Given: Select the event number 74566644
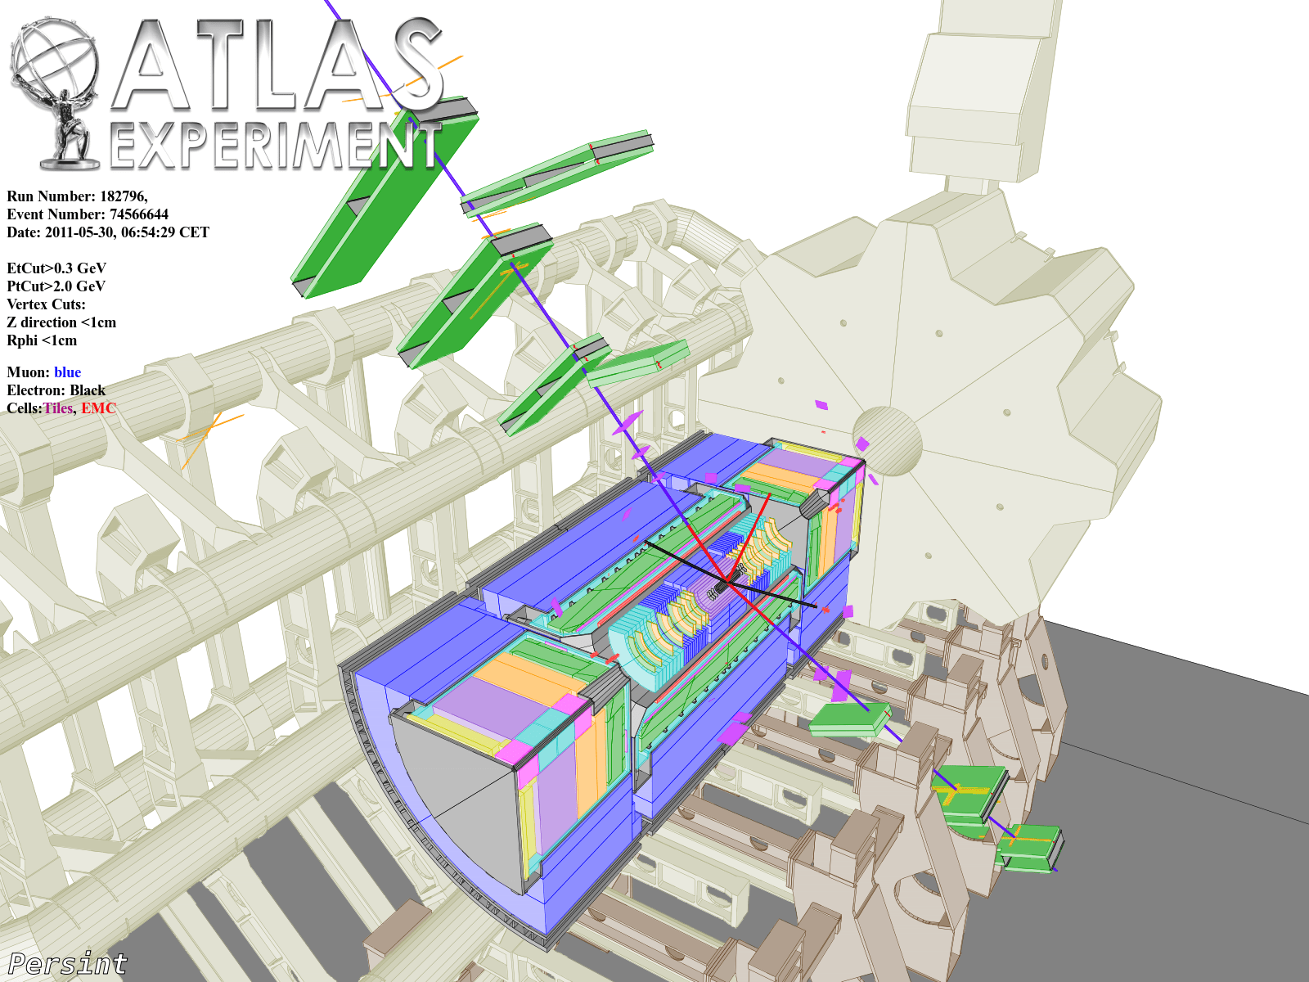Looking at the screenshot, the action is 139,214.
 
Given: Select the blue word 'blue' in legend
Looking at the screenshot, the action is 67,372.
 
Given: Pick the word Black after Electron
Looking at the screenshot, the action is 88,390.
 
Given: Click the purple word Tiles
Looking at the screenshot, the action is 58,408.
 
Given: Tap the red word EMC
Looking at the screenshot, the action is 98,408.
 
